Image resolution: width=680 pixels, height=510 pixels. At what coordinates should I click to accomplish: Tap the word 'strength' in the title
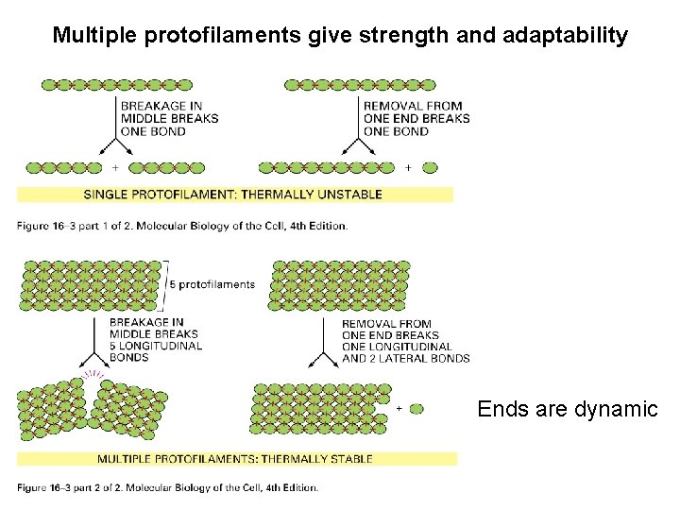(409, 36)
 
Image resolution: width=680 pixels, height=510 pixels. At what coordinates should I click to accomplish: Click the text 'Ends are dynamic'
(567, 409)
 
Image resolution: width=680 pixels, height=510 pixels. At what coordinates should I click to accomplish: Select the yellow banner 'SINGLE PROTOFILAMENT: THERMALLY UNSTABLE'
(233, 195)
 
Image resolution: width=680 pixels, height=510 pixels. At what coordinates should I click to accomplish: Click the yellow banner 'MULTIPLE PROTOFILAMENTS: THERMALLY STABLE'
(235, 459)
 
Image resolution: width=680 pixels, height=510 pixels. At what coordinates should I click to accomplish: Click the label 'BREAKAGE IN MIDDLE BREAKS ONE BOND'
(169, 119)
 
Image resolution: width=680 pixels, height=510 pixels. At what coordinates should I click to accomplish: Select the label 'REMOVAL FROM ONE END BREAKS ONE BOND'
(416, 119)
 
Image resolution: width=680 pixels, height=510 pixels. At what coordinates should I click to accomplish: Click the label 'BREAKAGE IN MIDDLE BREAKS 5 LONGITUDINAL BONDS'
(156, 340)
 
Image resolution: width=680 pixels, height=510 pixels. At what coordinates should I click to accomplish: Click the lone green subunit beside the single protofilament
(430, 168)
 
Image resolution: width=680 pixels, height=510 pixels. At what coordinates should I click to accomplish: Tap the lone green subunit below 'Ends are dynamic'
(416, 409)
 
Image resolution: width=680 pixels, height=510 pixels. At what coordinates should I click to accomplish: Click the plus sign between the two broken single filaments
(115, 168)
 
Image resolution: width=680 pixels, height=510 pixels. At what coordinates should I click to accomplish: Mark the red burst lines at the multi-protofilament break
(92, 376)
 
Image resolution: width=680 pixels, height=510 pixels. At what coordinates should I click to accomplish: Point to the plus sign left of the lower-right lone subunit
(398, 409)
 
